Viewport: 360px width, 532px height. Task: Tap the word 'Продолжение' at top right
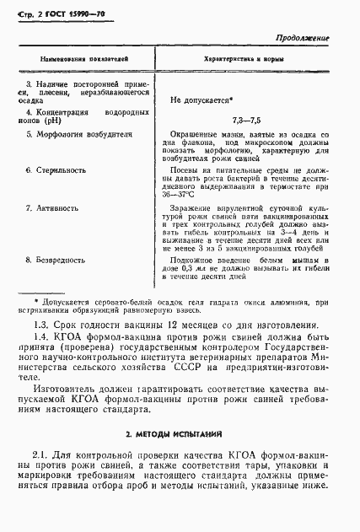click(x=304, y=39)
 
